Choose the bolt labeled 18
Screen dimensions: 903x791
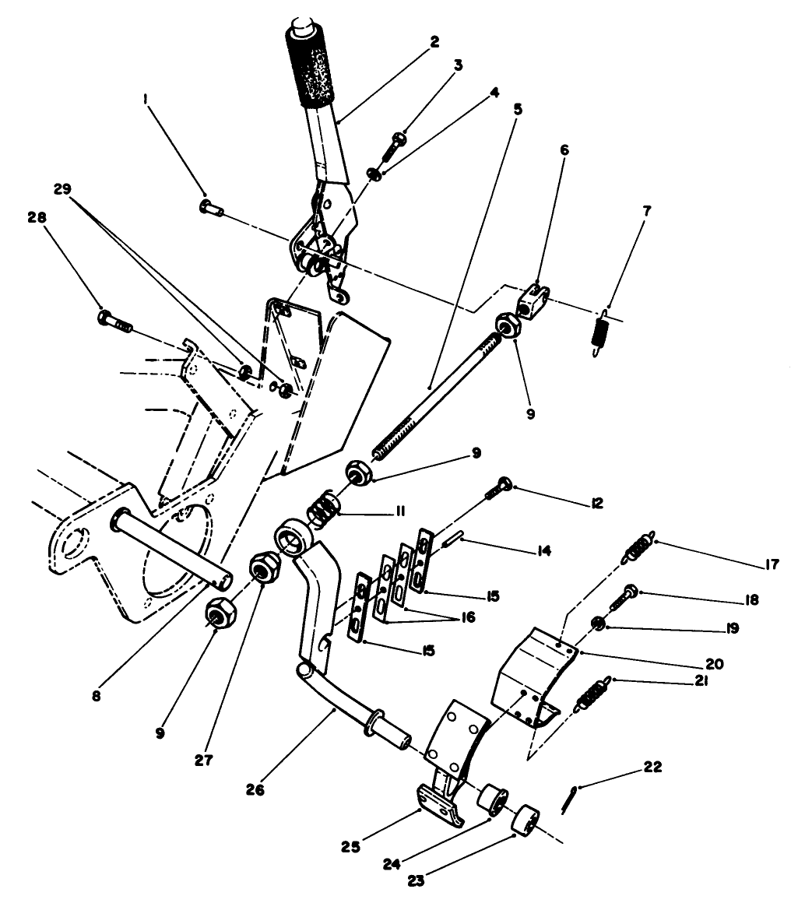click(x=625, y=597)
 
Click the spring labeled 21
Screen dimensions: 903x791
click(x=592, y=695)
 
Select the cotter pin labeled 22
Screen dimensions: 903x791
click(x=568, y=799)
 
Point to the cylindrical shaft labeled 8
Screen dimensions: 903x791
click(x=171, y=544)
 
